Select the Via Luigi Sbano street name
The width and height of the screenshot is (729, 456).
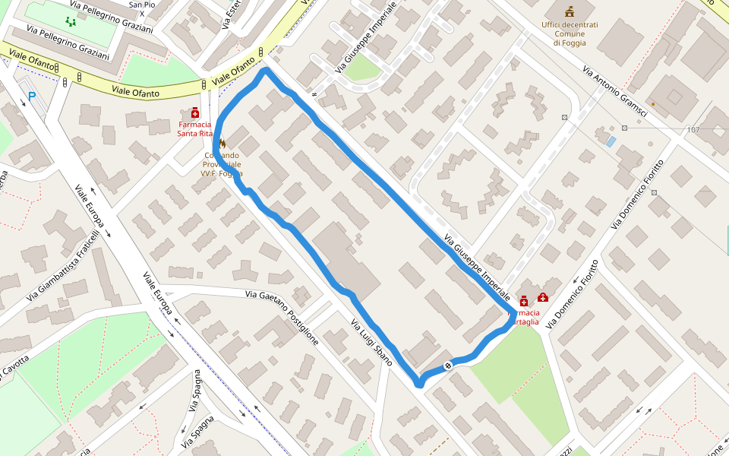pyautogui.click(x=371, y=342)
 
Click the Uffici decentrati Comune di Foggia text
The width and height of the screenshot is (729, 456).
pyautogui.click(x=570, y=33)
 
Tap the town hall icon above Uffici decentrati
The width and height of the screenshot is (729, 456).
pyautogui.click(x=570, y=11)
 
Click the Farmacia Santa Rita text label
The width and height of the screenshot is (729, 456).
pyautogui.click(x=195, y=128)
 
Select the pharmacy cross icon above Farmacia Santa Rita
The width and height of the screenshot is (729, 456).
pyautogui.click(x=195, y=112)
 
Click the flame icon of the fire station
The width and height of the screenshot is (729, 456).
pyautogui.click(x=222, y=142)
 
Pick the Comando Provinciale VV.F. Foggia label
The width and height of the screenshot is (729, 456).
pyautogui.click(x=221, y=164)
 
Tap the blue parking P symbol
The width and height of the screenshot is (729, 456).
pyautogui.click(x=32, y=97)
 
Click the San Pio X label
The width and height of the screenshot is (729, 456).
pyautogui.click(x=141, y=8)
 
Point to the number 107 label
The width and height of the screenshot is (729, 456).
pyautogui.click(x=693, y=130)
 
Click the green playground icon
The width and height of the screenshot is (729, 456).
pyautogui.click(x=71, y=21)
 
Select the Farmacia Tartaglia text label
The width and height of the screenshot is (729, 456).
pyautogui.click(x=524, y=317)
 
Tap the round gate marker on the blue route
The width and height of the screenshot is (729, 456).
pyautogui.click(x=449, y=366)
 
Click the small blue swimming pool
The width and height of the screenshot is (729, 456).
pyautogui.click(x=611, y=141)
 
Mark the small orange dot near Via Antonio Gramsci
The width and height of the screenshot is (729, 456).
pyautogui.click(x=652, y=104)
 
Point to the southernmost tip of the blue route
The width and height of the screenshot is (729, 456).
pyautogui.click(x=420, y=385)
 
